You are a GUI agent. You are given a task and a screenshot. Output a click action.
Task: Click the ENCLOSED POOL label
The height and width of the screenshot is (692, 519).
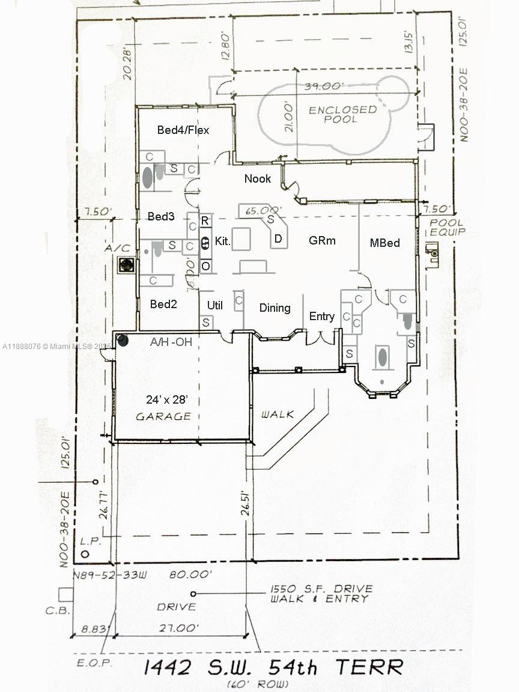[x=343, y=114]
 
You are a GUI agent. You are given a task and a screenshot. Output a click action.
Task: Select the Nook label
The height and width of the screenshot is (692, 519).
[x=257, y=178]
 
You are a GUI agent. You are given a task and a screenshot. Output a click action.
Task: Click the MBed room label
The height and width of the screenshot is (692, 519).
[x=384, y=243]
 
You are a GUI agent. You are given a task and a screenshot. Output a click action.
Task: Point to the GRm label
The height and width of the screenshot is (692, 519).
[x=322, y=240]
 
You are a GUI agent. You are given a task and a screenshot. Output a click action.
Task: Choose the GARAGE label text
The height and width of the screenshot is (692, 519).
[x=163, y=416]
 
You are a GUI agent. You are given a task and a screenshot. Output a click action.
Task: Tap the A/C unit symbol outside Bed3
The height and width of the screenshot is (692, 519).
[x=126, y=264]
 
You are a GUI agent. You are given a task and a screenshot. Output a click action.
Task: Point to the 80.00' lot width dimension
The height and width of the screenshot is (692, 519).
[x=190, y=575]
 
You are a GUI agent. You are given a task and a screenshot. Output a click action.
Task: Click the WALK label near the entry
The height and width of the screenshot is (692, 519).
[x=277, y=414]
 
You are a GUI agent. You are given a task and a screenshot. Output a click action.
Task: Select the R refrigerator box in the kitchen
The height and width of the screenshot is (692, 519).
[x=205, y=220]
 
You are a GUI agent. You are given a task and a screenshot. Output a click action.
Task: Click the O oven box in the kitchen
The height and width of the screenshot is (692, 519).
[x=205, y=266]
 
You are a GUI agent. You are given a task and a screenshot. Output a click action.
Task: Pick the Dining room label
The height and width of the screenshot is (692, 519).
[x=275, y=308]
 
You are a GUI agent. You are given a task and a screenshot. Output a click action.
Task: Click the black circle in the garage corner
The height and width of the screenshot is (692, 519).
[x=122, y=341]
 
